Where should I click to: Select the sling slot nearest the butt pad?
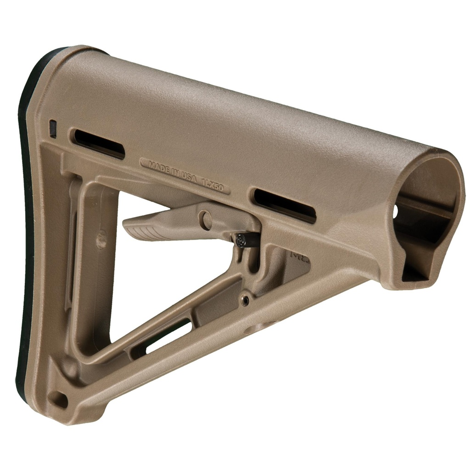99,144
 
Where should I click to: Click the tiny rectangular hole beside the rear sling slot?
53,129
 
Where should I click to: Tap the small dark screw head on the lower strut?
246,300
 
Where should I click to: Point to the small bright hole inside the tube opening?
396,211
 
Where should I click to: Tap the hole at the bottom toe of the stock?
59,399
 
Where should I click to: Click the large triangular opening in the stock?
151,275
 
